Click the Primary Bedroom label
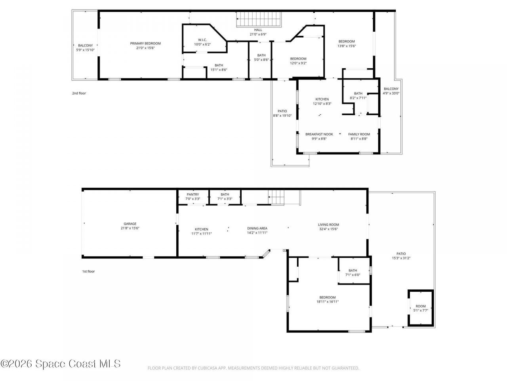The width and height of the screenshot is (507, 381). (x=145, y=43)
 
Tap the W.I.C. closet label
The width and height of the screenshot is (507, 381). (x=202, y=40)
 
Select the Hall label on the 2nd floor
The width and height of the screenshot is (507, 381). (x=258, y=30)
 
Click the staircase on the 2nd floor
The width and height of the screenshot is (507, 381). (x=259, y=19)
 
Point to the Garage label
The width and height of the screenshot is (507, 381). (x=130, y=224)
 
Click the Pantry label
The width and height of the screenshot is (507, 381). (x=193, y=194)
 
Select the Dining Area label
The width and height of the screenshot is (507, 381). (x=257, y=228)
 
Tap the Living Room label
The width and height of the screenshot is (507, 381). (x=328, y=225)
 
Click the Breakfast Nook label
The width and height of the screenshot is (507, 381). (x=319, y=134)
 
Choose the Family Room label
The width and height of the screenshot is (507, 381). (x=359, y=134)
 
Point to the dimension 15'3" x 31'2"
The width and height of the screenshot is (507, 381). (x=401, y=258)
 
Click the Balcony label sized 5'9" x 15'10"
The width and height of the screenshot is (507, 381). (x=85, y=46)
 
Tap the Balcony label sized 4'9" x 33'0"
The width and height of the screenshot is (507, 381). (x=391, y=89)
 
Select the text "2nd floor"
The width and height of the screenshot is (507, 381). (x=79, y=93)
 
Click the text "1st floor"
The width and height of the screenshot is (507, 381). (x=88, y=271)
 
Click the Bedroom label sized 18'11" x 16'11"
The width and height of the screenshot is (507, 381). (x=328, y=297)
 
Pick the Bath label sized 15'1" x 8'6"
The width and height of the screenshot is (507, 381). (x=219, y=65)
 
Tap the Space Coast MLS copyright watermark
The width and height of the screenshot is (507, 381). (x=61, y=364)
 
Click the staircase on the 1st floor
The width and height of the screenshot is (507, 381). (x=277, y=197)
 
